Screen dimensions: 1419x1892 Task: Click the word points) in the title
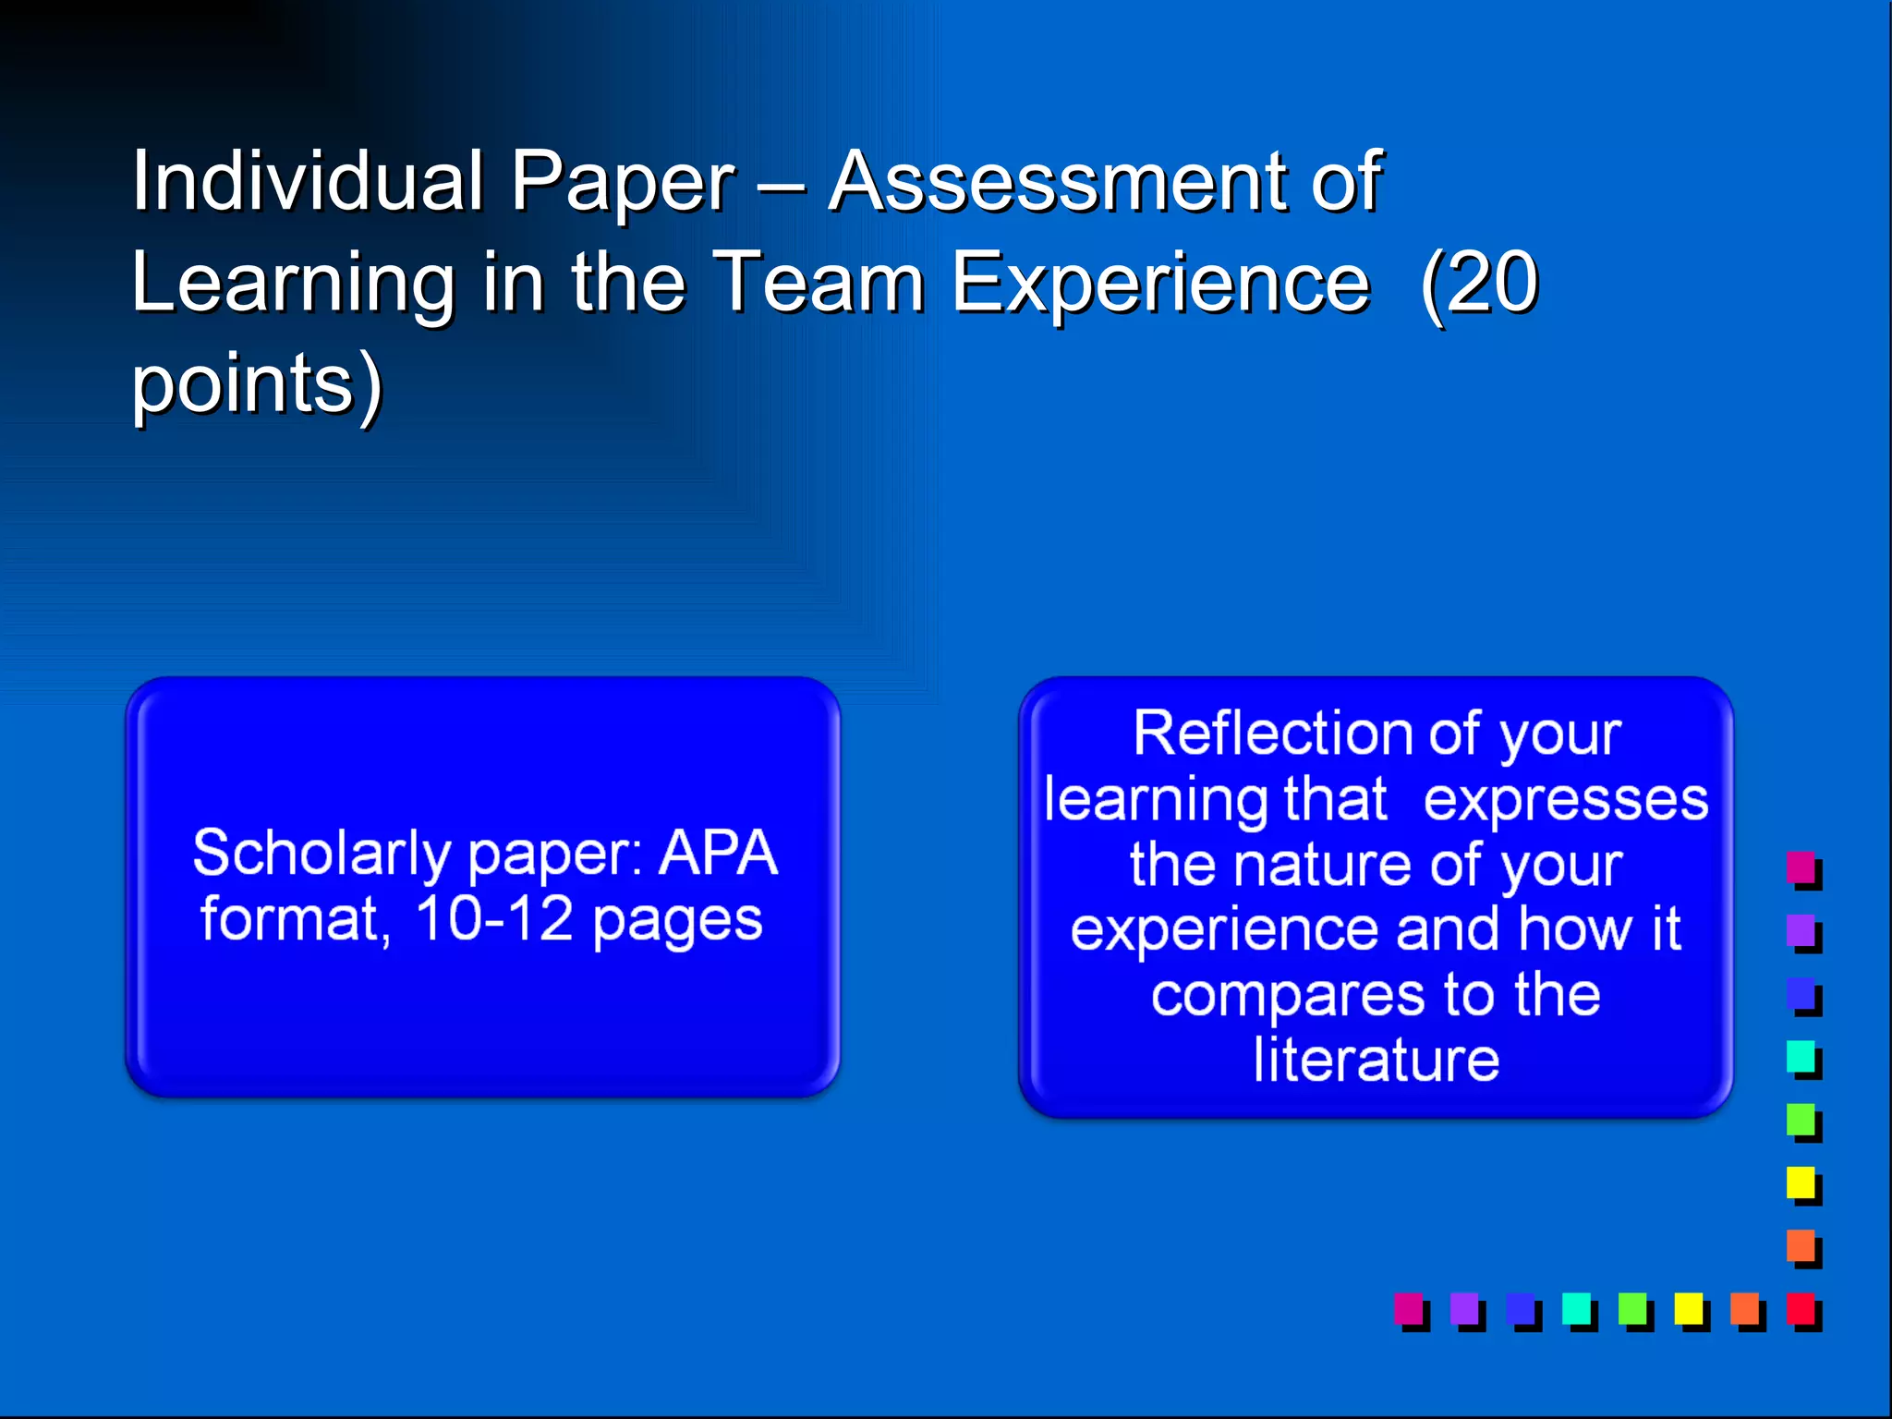point(257,384)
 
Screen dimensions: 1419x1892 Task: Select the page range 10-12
point(494,919)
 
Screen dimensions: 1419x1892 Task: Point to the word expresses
point(1566,799)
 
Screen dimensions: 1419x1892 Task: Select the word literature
point(1377,1060)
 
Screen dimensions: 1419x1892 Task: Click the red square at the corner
point(1801,1309)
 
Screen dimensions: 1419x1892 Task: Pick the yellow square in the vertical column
point(1801,1182)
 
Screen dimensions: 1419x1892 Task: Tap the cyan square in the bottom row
point(1576,1309)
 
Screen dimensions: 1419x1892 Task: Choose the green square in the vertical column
point(1801,1120)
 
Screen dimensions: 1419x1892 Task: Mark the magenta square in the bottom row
point(1409,1309)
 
